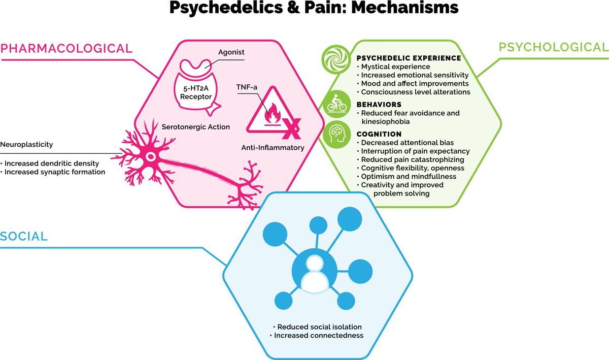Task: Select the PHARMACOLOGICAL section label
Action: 66,48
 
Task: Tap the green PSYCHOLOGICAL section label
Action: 553,47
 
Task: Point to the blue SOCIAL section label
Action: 24,236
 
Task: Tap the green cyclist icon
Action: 337,104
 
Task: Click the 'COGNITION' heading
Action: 380,134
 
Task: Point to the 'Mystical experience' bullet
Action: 395,67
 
